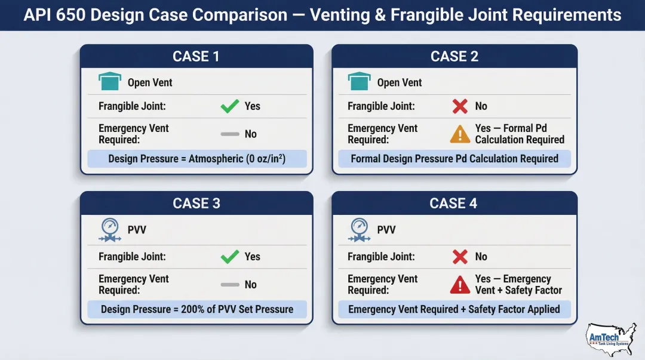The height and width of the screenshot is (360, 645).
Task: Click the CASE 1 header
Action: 196,56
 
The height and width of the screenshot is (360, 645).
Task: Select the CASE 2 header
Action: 454,56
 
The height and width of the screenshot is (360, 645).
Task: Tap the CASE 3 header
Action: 196,203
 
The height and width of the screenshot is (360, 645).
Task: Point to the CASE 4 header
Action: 454,203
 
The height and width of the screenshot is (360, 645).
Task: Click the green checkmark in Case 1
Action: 230,106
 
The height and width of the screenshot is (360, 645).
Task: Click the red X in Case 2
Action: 460,106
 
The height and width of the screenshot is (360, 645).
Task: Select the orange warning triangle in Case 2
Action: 460,134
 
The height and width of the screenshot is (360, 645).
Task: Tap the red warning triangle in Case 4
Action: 460,285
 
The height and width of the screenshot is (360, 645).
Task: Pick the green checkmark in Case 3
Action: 230,257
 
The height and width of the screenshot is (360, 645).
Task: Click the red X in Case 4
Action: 460,257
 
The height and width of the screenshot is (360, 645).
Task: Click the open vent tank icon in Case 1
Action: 109,82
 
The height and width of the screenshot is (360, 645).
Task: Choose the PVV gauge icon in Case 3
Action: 109,230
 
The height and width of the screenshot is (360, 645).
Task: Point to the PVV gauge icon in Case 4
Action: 359,230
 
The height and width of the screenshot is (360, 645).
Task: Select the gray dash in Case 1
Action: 230,134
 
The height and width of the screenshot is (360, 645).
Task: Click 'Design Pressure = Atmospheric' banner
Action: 197,159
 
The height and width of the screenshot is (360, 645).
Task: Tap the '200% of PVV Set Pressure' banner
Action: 197,309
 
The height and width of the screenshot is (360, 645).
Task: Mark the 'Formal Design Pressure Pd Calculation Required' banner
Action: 454,159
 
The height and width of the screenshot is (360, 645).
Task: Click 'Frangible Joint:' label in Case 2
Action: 381,106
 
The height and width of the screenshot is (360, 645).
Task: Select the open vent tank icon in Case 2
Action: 359,82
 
